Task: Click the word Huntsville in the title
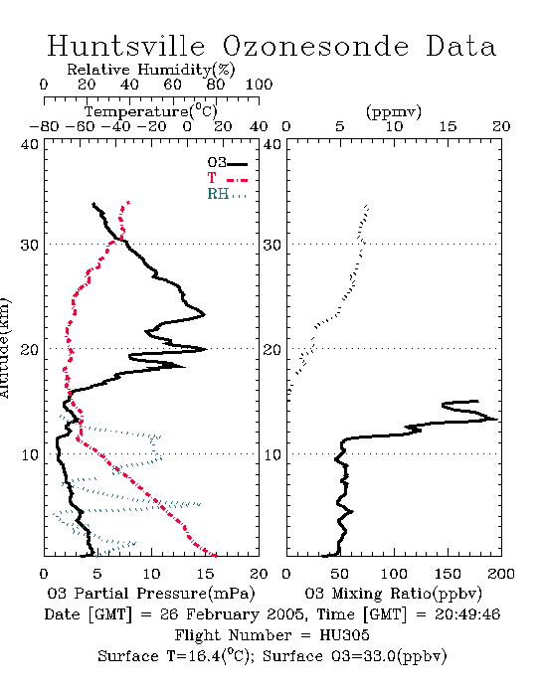126,46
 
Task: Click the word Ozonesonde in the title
315,46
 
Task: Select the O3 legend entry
227,163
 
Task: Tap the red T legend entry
227,178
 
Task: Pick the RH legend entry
227,194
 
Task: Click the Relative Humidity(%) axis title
151,70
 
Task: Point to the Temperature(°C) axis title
151,111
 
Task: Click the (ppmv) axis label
394,111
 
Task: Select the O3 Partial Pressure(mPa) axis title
151,594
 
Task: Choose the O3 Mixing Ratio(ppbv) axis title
393,594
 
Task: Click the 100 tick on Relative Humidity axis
259,85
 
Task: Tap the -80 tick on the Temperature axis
45,126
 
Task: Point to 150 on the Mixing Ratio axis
448,574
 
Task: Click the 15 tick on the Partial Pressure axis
205,574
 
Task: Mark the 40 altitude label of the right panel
272,144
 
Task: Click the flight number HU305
344,635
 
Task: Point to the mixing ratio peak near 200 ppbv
496,419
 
